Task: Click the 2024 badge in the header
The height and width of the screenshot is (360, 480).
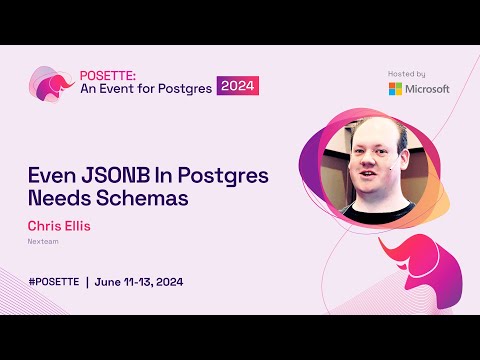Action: [238, 86]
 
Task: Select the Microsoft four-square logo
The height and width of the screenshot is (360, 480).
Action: [396, 88]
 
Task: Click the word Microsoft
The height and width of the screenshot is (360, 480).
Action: [427, 88]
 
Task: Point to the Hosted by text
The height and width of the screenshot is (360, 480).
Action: [406, 73]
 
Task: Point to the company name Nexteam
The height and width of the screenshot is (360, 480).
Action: [42, 241]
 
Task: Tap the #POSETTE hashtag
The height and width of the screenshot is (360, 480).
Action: [55, 281]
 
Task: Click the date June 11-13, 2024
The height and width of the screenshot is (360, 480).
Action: [140, 281]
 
